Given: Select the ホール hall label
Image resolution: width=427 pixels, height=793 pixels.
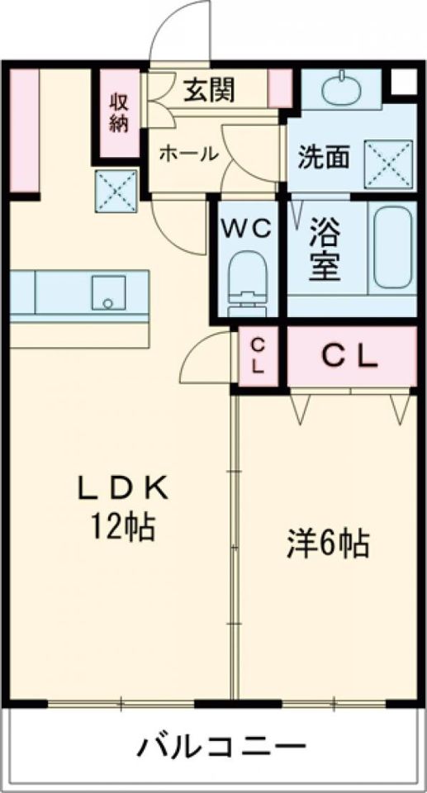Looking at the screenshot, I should click(x=188, y=153).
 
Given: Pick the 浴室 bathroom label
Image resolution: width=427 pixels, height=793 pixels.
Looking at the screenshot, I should click(x=325, y=249).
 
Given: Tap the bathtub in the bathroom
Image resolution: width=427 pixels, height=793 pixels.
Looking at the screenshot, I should click(x=393, y=247).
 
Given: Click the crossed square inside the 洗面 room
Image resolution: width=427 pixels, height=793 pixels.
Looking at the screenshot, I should click(x=388, y=155).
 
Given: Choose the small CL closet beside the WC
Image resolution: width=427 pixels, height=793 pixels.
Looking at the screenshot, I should click(x=258, y=356).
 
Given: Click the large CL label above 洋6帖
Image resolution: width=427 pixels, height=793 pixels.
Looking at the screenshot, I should click(x=349, y=356).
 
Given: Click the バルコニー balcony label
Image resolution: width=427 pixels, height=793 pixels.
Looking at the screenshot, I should click(x=221, y=749).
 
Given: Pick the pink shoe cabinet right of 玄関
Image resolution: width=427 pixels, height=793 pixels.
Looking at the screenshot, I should click(x=281, y=88).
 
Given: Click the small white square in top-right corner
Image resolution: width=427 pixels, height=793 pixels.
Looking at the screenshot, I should click(x=404, y=81).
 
